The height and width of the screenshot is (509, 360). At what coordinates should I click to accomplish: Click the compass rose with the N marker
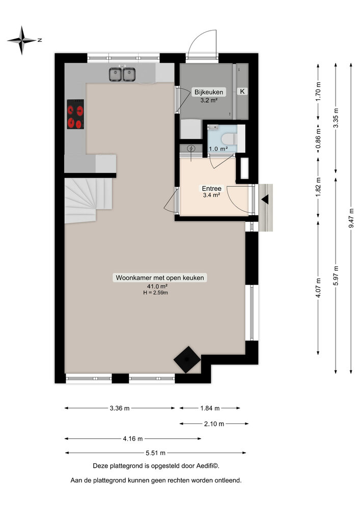[22, 40]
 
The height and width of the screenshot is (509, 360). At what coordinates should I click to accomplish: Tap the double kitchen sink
[122, 74]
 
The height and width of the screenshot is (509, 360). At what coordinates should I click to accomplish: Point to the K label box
[242, 92]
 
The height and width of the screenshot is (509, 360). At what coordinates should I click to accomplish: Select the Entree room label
[211, 188]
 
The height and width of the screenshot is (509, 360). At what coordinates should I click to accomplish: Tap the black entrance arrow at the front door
[265, 200]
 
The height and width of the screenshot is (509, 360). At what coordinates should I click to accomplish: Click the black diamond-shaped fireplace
[187, 359]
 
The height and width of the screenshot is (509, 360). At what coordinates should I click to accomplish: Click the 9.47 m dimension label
[351, 219]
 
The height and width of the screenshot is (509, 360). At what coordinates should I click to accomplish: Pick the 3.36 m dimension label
[120, 408]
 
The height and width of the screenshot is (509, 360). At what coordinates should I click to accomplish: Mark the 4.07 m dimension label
[318, 288]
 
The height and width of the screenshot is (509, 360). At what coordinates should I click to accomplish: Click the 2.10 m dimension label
[214, 423]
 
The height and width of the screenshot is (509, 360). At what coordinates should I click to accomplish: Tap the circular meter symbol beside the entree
[191, 149]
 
